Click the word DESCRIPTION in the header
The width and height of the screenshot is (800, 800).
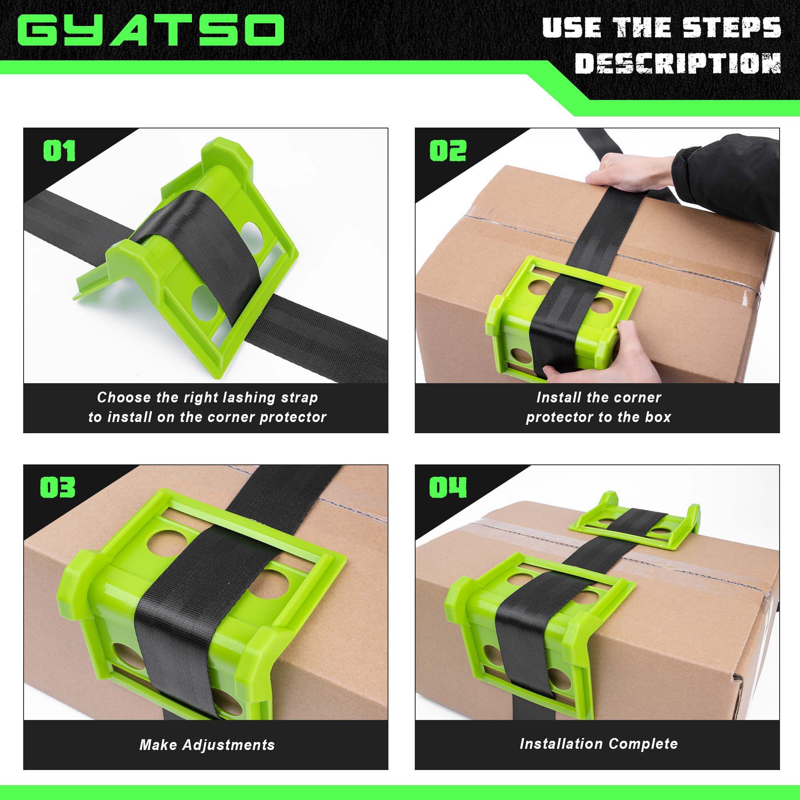[x=678, y=64]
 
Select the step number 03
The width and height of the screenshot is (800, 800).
[x=58, y=487]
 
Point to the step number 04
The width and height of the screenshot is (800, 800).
[x=448, y=487]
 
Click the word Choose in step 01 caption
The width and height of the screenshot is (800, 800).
[x=124, y=398]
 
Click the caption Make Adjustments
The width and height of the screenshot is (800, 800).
[x=207, y=745]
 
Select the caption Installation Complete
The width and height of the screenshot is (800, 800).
[x=598, y=744]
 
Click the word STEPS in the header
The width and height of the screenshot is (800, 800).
[x=731, y=28]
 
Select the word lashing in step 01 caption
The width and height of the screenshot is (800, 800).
[x=248, y=398]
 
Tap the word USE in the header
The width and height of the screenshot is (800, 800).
[x=572, y=28]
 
